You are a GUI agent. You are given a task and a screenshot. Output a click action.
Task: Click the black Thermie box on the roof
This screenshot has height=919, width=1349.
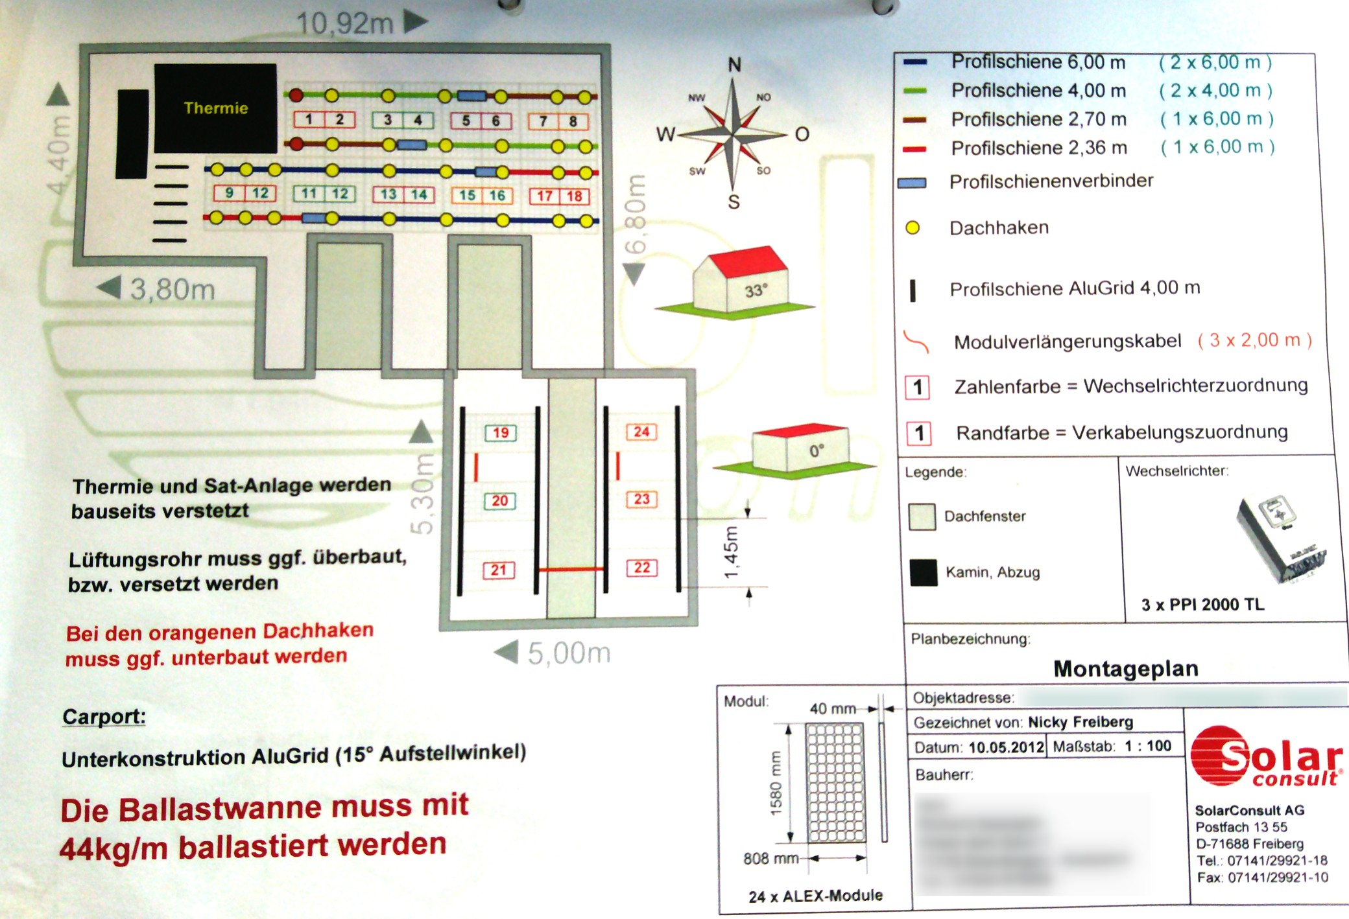[x=215, y=108]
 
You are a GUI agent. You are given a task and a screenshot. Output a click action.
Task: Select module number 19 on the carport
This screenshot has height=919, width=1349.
[x=501, y=432]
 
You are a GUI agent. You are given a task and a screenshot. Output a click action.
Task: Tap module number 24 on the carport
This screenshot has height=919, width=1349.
[x=641, y=432]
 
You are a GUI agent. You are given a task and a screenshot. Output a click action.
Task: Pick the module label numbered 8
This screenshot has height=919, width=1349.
[x=573, y=121]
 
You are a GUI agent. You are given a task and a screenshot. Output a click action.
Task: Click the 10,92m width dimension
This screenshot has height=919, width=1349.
[x=345, y=24]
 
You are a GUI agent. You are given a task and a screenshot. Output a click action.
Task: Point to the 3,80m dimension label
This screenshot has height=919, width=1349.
[x=173, y=289]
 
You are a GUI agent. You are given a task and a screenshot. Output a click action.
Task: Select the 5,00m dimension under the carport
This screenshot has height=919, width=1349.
[x=569, y=653]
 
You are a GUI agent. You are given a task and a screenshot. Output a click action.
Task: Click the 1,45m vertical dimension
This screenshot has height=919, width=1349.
[x=732, y=552]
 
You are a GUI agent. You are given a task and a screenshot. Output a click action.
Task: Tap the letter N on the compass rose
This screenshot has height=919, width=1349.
[x=734, y=65]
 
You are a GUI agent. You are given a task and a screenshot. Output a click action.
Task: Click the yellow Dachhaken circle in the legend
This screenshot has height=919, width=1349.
[x=913, y=227]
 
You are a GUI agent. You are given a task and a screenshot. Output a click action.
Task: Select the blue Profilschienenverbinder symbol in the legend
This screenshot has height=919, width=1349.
[x=912, y=183]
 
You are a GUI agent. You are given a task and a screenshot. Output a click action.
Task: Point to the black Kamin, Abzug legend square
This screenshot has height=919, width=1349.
[x=923, y=572]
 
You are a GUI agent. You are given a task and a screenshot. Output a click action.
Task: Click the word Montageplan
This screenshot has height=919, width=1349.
[x=1126, y=668]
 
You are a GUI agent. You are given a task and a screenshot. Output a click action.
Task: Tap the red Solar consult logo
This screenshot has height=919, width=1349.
[x=1265, y=758]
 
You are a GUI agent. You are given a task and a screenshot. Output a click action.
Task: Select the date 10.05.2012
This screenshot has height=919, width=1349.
[x=1006, y=747]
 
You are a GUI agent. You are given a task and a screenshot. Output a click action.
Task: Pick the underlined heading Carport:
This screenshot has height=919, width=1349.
[x=104, y=717]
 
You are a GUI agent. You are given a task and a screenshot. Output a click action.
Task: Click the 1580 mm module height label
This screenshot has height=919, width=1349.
[x=776, y=783]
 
